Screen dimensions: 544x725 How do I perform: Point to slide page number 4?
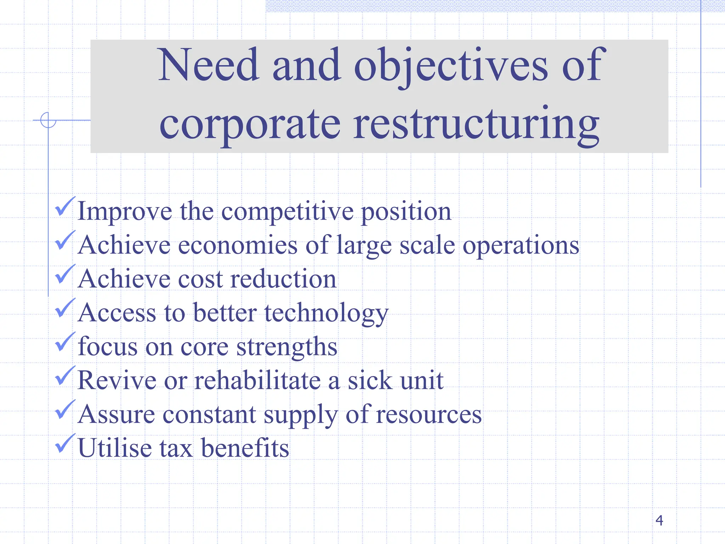(x=659, y=520)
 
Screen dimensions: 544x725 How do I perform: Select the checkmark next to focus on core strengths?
(x=65, y=342)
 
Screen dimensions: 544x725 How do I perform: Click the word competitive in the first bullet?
(x=287, y=212)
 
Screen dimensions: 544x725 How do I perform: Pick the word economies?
(x=238, y=245)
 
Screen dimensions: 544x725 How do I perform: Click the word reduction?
(x=283, y=279)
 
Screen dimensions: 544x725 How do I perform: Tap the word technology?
(x=326, y=313)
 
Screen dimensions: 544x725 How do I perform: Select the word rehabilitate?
(x=257, y=380)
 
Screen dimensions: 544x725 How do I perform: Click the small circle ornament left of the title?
(x=48, y=120)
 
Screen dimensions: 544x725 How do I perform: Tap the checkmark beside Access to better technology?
(x=65, y=308)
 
